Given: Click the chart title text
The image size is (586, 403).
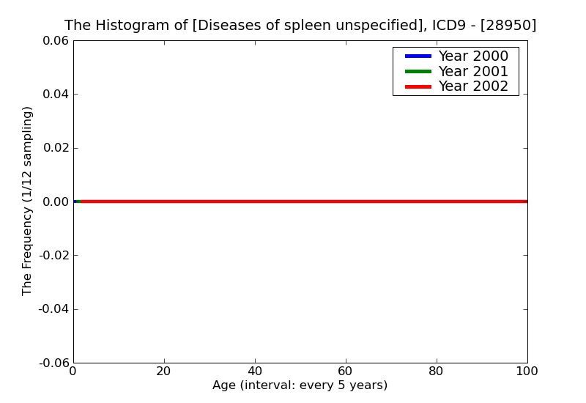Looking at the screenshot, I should coord(300,25).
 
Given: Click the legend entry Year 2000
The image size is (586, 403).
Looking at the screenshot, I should coord(472,56).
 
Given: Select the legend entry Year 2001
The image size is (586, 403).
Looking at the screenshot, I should coord(472,71).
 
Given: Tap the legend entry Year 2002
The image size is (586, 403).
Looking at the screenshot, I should coord(472,86).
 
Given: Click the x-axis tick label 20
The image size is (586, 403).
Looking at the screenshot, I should coord(164,371).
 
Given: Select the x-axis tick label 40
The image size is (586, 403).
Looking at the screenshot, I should coord(255,371).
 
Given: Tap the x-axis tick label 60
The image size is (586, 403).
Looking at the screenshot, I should coord(346,371).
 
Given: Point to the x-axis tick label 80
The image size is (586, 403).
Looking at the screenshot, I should coord(437,371).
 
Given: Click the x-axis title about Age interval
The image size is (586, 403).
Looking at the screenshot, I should coord(300,385).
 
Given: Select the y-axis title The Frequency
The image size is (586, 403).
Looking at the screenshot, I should coord(28,201).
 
